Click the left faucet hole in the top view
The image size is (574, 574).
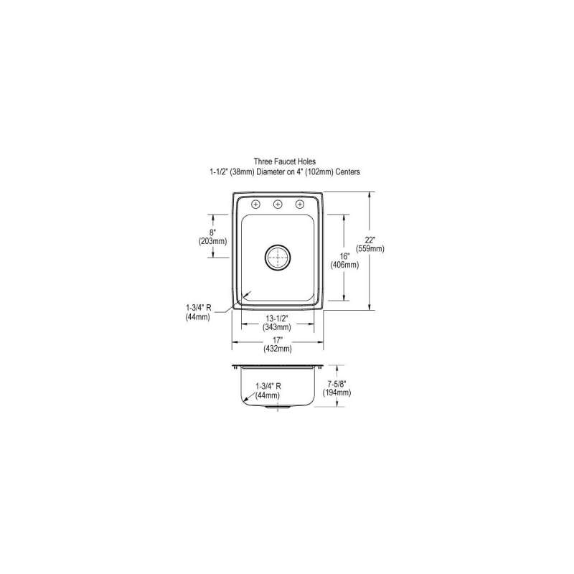256,204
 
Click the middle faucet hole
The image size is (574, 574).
278,204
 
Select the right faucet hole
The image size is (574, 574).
300,204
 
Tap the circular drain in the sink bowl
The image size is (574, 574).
278,258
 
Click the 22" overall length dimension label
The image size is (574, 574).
370,240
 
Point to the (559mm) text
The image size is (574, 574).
370,249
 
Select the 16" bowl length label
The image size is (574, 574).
344,256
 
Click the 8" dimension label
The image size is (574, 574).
212,232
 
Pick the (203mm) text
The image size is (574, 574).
212,241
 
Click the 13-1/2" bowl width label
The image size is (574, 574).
277,319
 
